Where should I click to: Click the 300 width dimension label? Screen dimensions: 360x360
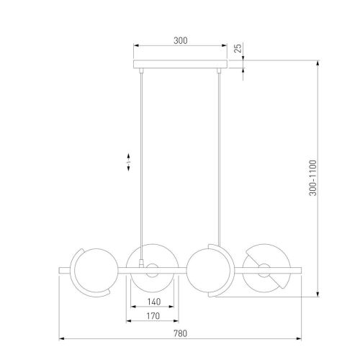(181, 40)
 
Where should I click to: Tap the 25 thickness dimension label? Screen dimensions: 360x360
(238, 48)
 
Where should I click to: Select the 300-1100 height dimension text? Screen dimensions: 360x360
(312, 178)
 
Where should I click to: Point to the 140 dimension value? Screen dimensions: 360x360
(154, 302)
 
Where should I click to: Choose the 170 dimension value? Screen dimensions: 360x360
(153, 316)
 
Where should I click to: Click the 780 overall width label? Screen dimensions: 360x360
(180, 333)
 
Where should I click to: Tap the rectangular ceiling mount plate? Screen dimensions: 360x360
(180, 64)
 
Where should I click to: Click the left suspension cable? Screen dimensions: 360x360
(141, 166)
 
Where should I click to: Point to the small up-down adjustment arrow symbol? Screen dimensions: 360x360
(128, 162)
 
